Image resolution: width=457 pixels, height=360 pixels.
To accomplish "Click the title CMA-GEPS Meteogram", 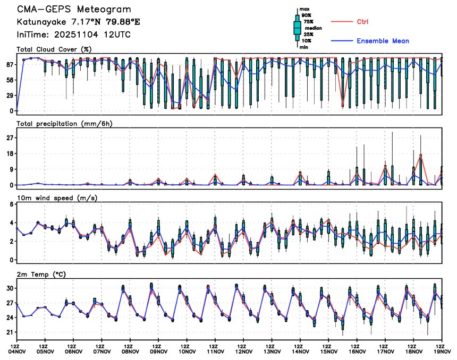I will coord(74,10).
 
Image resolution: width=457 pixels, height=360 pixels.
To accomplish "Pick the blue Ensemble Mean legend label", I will coord(383,41).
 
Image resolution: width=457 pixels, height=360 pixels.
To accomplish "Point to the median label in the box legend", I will coord(313,28).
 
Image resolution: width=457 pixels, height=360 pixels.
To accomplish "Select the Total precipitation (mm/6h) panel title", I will coord(64,124).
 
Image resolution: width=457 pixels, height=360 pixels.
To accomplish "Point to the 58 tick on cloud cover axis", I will coord(10,80).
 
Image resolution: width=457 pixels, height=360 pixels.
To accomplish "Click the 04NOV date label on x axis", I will coord(16,350).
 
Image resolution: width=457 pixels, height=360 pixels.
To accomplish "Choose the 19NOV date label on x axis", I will coord(443,350).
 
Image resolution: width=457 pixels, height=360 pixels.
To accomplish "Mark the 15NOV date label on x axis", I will coord(329,350).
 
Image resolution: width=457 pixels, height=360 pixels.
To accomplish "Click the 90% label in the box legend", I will coord(306,15).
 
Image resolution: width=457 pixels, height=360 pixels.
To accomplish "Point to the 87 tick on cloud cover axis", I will coord(10,65).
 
